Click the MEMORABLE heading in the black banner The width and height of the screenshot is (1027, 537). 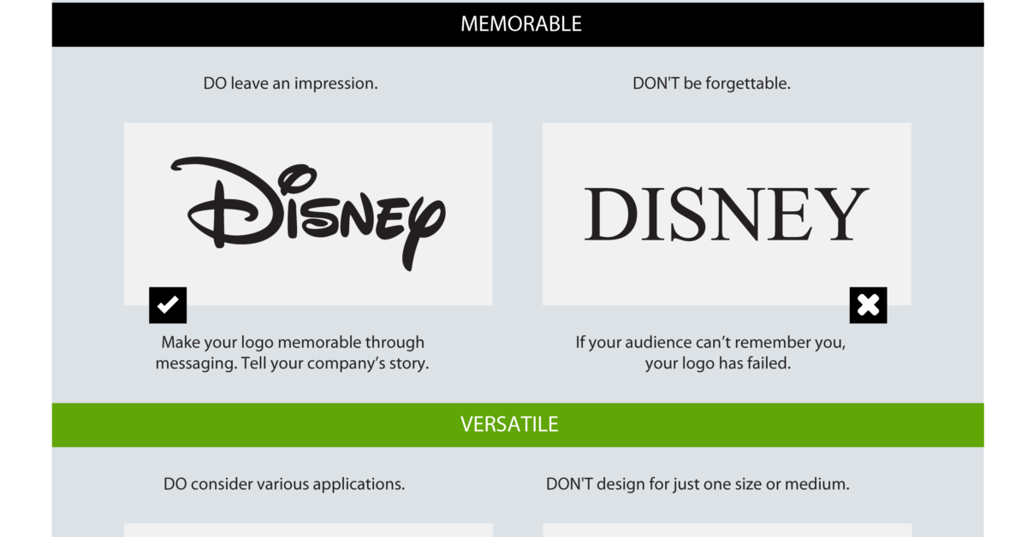[521, 24]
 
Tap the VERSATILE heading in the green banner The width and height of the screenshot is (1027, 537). [509, 424]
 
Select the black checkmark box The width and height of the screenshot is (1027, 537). [168, 305]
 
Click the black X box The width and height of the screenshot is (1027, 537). [868, 305]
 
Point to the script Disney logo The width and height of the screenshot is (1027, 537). [308, 214]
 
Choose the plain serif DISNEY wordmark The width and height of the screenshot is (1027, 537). [727, 214]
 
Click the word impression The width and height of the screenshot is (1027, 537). [336, 84]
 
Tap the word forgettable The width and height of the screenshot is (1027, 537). [748, 84]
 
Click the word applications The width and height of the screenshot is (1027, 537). [359, 484]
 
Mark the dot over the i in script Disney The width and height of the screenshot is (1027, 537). [298, 179]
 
